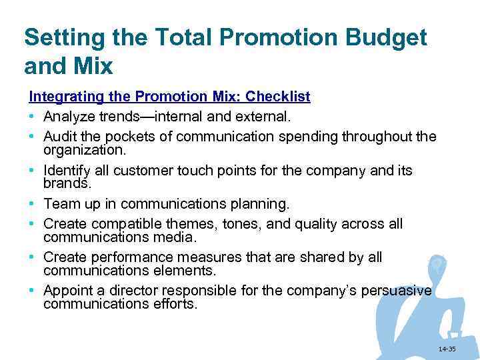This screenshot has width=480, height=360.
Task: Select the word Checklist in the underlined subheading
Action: click(x=278, y=97)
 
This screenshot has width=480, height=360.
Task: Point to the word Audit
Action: click(x=59, y=137)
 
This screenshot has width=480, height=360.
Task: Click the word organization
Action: click(x=83, y=150)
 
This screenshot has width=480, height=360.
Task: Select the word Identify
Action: click(x=67, y=171)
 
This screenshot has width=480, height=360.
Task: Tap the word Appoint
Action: click(x=67, y=291)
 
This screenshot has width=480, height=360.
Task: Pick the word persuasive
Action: click(x=396, y=291)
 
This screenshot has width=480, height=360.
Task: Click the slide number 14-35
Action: click(x=447, y=349)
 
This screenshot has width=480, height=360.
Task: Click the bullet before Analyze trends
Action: click(x=32, y=117)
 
